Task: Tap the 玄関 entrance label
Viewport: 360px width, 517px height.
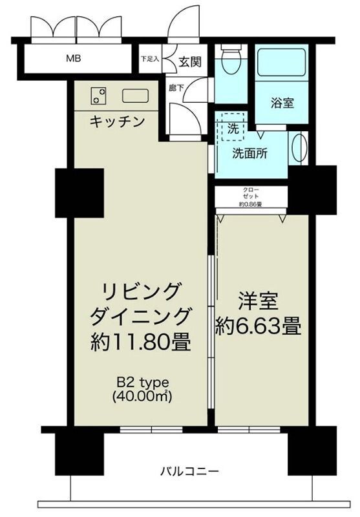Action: coord(189,61)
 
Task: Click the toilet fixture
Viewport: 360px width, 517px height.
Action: coord(229,65)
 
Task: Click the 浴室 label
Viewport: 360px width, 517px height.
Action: coord(282,102)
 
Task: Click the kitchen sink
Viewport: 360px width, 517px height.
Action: coord(135,95)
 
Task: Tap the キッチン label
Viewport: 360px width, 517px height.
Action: coord(116,121)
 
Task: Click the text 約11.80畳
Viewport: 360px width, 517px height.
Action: coord(140,341)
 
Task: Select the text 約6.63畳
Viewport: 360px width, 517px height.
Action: coord(259,326)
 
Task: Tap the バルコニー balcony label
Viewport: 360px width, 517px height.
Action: coord(189,471)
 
